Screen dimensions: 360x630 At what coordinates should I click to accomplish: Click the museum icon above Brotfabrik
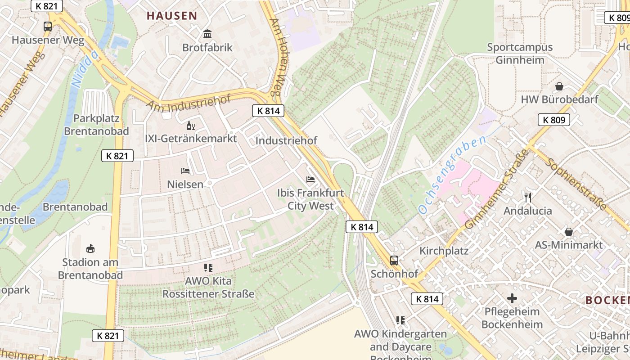coord(207,34)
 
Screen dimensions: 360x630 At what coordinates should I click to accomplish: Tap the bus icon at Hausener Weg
coord(48,26)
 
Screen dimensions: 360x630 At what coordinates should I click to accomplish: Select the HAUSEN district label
coord(172,16)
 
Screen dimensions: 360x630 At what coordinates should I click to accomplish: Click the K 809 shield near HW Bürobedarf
coord(554,120)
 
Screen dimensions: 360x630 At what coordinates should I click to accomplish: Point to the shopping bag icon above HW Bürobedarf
coord(559,86)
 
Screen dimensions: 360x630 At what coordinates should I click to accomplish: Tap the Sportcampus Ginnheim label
coord(520,54)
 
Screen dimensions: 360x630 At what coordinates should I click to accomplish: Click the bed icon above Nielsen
coord(185,171)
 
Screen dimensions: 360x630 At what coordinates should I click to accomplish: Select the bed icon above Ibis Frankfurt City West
coord(310,179)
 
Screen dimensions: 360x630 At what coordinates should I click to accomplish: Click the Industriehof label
coord(286,141)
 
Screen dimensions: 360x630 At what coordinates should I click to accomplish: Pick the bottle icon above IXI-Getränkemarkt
coord(191,125)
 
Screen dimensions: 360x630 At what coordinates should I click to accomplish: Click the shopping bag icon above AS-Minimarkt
coord(569,232)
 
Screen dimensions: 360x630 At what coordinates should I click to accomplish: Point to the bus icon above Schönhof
coord(394,260)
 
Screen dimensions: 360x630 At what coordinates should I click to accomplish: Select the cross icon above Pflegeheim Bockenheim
coord(512,298)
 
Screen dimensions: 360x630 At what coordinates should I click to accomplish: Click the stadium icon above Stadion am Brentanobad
coord(90,248)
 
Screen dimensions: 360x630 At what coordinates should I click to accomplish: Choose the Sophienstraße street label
coord(576,183)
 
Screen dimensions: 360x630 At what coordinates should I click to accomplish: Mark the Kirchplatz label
coord(444,251)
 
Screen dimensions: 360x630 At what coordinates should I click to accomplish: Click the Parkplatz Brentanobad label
coord(96,125)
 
